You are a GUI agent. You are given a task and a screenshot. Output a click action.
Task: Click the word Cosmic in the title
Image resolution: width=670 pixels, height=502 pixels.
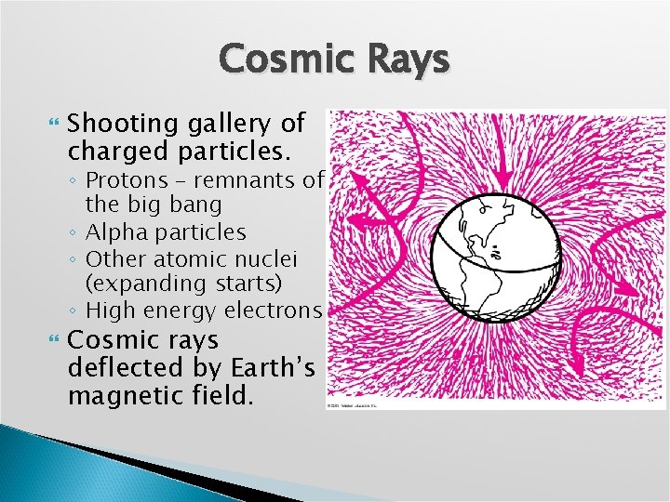click(279, 60)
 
